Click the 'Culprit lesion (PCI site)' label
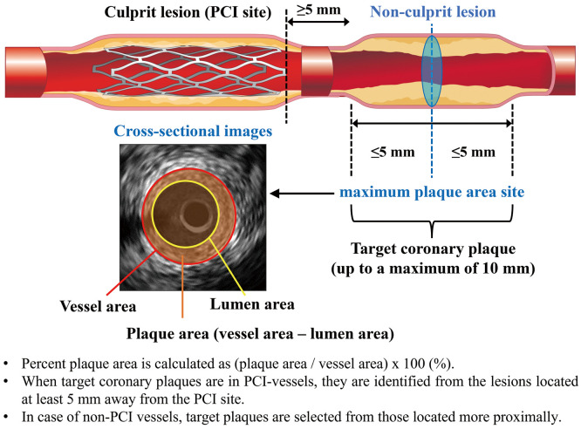(x=188, y=14)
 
